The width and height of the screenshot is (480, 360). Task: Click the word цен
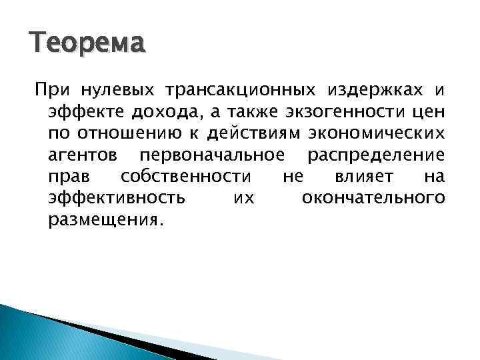pos(427,112)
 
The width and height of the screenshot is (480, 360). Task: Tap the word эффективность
pos(118,199)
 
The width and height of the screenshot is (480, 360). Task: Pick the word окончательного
pos(373,199)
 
